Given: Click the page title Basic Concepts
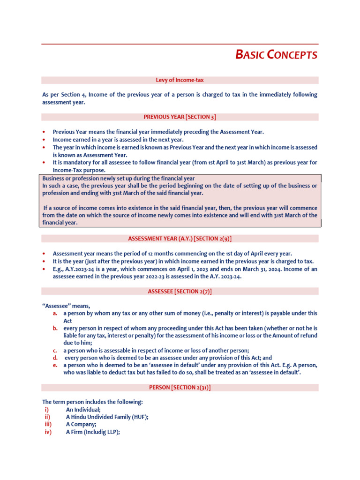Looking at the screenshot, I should [x=276, y=55].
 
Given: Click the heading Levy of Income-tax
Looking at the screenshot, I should [x=180, y=80].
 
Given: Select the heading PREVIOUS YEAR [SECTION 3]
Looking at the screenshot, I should [x=180, y=117].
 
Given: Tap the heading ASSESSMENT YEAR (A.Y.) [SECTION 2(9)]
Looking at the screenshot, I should [x=180, y=239].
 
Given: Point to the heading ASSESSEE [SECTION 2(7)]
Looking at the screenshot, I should [x=180, y=291].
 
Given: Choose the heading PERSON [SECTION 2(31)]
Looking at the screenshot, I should [x=180, y=388].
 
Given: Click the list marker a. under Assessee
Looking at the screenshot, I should [x=55, y=313].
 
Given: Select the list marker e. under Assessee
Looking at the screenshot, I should [x=55, y=365].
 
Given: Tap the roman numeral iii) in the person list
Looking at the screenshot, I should [x=48, y=425].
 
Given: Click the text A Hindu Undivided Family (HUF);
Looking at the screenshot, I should [x=107, y=417].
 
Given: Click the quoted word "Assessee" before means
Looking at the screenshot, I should [x=57, y=306].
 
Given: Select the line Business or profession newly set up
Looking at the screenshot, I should [x=119, y=179].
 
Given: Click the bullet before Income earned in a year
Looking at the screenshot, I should [x=44, y=140].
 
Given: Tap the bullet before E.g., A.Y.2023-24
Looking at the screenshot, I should [x=44, y=269].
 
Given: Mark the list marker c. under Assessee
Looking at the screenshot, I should [x=55, y=350].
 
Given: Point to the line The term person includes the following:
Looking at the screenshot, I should [x=93, y=402].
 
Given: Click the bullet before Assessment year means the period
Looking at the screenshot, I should [x=44, y=253].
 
